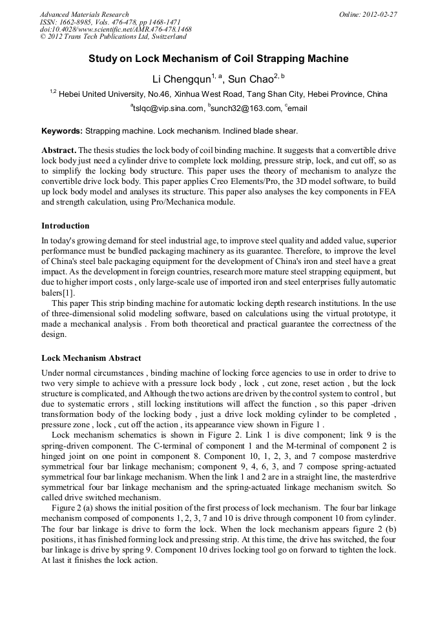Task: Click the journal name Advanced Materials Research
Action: click(84, 14)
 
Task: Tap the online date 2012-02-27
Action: click(379, 14)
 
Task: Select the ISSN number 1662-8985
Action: click(81, 22)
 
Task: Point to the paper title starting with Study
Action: click(218, 59)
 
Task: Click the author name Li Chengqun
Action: click(181, 79)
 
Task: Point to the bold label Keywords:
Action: click(62, 131)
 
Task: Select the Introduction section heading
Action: click(65, 226)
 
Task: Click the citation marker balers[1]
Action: click(58, 292)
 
